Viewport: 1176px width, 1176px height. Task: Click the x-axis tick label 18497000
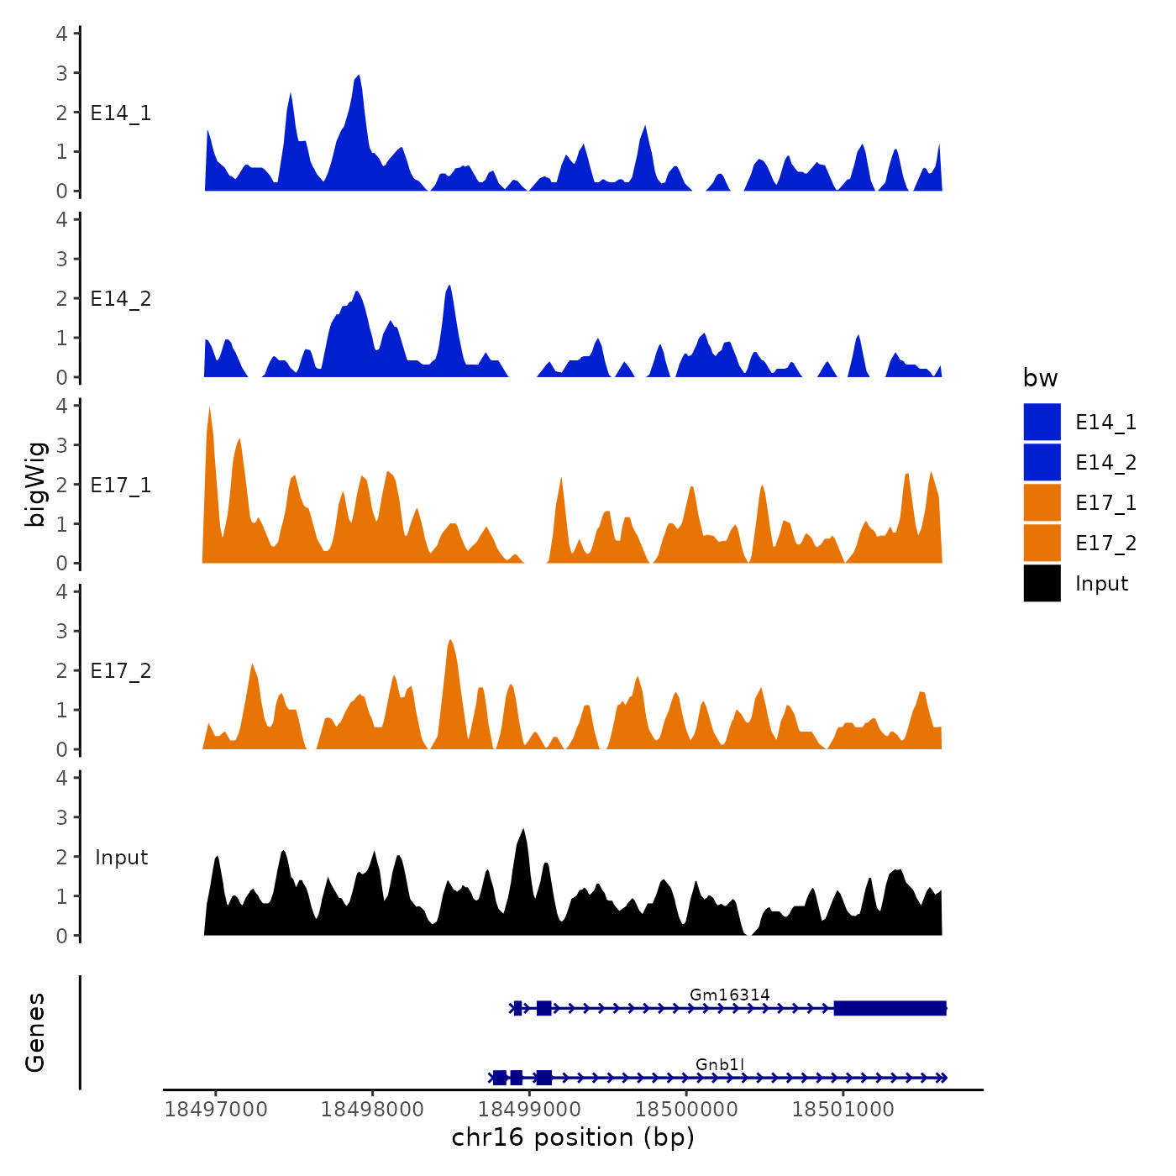tap(216, 1109)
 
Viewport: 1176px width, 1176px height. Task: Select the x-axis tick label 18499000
tap(530, 1109)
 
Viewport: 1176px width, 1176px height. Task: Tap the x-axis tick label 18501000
tap(843, 1109)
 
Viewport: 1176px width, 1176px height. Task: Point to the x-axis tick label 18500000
tap(686, 1109)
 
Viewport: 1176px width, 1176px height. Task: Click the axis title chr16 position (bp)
tap(573, 1137)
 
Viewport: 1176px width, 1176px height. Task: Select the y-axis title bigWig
tap(35, 485)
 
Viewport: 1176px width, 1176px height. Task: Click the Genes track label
tap(35, 1032)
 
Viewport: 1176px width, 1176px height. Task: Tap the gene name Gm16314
tap(729, 995)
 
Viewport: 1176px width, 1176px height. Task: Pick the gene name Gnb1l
tap(720, 1064)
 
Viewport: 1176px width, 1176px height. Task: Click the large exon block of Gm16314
tap(890, 1008)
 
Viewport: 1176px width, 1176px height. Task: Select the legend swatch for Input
tap(1042, 583)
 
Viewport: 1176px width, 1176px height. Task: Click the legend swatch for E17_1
tap(1042, 502)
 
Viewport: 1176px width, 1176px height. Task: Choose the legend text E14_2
tap(1105, 463)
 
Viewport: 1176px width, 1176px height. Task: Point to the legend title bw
tap(1040, 378)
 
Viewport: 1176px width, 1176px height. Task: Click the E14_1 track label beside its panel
tap(121, 113)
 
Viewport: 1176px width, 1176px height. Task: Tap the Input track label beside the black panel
tap(121, 858)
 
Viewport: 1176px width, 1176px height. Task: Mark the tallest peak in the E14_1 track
tap(359, 76)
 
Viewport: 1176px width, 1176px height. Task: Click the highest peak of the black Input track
tap(523, 831)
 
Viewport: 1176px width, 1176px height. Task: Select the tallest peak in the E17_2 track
tap(451, 641)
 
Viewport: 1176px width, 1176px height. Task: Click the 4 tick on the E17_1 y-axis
tap(61, 406)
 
